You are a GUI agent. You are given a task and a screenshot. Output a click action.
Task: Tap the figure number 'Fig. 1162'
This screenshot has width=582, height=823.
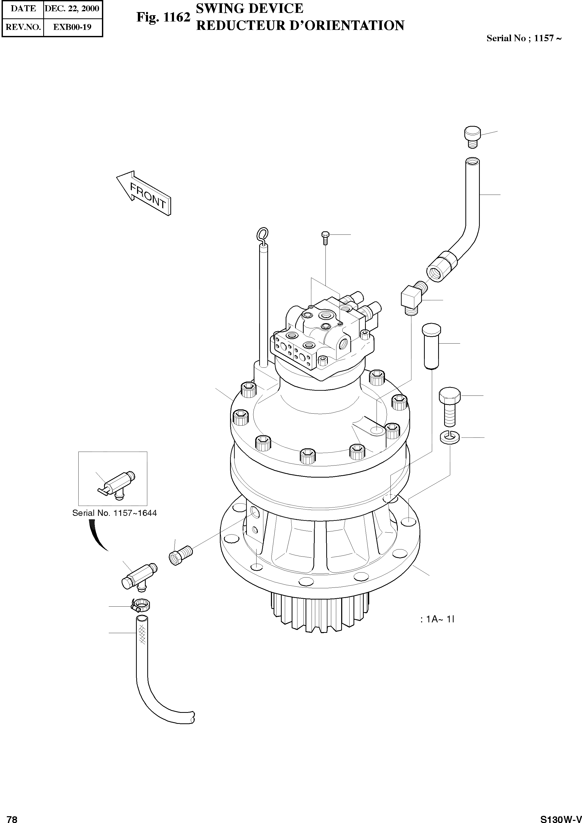coord(163,17)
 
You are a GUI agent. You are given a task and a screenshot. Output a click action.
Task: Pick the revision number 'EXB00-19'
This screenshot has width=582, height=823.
coord(72,27)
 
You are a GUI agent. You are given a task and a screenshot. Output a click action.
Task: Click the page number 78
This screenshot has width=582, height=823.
coord(12,818)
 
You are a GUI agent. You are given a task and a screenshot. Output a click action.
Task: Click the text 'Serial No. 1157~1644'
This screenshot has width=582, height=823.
coord(114,513)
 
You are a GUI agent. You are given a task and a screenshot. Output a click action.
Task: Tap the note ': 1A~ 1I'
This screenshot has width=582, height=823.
coord(437,619)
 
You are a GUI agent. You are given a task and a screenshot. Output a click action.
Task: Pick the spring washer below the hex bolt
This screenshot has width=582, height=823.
coord(450,437)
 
